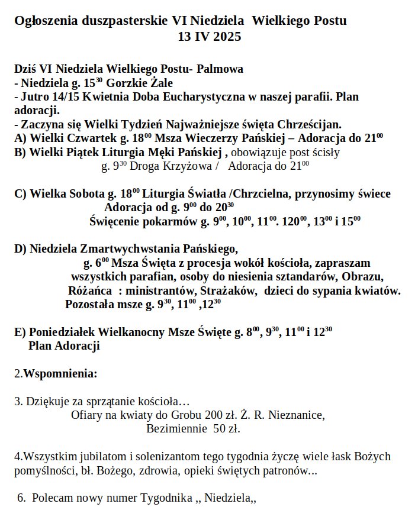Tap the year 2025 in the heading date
[227, 37]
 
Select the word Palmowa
[220, 69]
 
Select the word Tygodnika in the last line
[167, 498]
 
